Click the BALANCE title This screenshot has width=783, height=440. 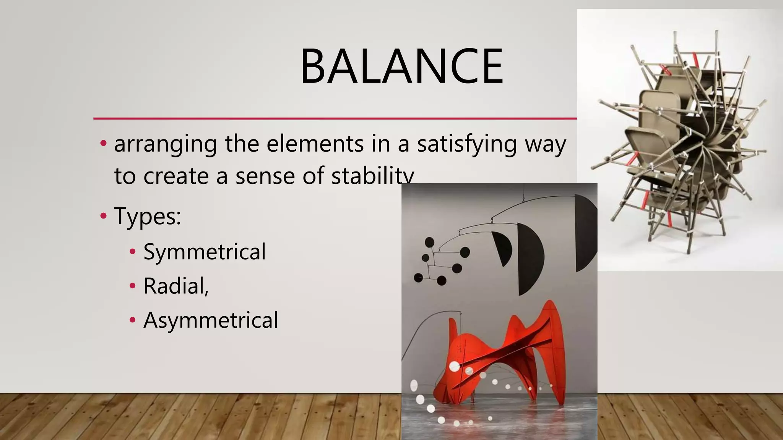point(401,66)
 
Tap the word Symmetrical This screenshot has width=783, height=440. point(205,252)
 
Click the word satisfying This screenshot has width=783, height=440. point(466,145)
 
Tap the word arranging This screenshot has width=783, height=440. point(166,145)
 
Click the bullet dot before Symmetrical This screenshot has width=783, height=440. point(133,252)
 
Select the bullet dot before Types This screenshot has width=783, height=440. point(103,216)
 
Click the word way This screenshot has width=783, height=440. point(546,145)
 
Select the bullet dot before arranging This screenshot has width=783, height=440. point(103,144)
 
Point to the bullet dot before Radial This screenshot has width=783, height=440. point(133,286)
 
